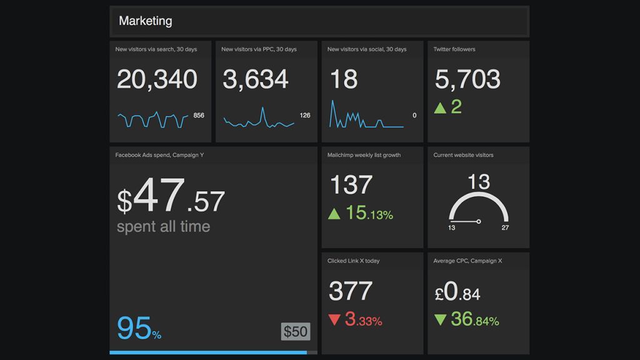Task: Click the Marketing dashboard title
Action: [145, 21]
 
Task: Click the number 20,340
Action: [157, 79]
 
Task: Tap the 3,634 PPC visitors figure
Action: [255, 79]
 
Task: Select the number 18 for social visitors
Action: [344, 79]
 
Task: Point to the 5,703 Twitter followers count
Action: [467, 79]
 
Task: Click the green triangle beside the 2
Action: [440, 107]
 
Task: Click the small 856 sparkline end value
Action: [199, 115]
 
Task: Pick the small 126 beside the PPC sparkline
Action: [305, 115]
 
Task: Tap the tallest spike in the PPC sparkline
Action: [262, 109]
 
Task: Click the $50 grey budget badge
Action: [296, 331]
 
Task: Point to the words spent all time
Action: [163, 226]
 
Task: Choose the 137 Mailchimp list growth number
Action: [351, 185]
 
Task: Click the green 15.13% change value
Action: [369, 213]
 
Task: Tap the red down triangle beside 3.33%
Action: [334, 320]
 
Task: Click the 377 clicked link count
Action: [351, 291]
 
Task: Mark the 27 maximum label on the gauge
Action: [505, 227]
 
